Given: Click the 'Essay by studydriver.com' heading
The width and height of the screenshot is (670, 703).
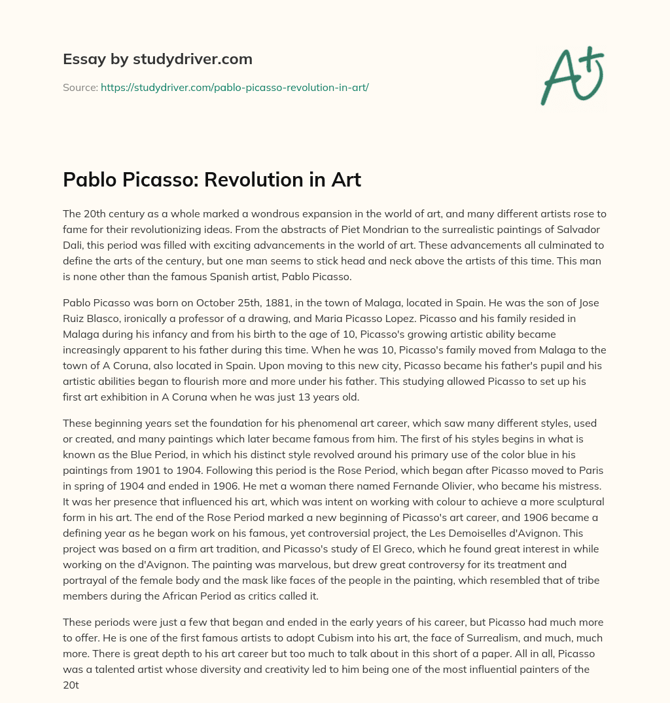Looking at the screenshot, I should [x=157, y=59].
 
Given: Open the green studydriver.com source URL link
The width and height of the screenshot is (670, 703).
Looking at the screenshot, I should [x=234, y=86].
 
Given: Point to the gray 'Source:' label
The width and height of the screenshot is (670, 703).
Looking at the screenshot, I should [x=80, y=86].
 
